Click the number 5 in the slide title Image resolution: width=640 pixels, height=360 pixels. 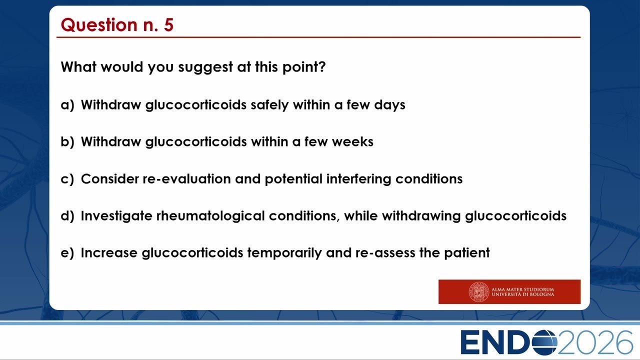(x=169, y=24)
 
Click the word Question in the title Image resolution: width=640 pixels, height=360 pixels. (x=99, y=25)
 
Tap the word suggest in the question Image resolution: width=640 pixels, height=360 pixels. (x=205, y=67)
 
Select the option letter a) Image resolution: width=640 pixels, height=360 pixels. (x=67, y=105)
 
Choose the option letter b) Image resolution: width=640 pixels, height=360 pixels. (x=67, y=141)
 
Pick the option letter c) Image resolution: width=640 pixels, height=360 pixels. (x=67, y=179)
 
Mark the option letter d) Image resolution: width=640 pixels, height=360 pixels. (x=67, y=215)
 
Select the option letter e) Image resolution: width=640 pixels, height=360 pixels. (x=67, y=253)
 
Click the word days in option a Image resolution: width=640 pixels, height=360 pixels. (x=389, y=105)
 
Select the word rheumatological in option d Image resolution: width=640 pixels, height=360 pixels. (x=210, y=216)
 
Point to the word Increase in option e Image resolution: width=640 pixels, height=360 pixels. (x=109, y=253)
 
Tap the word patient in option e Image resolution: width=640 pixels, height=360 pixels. (x=467, y=253)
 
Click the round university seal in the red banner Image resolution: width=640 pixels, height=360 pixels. (x=478, y=291)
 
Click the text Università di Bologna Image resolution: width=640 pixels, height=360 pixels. (x=522, y=294)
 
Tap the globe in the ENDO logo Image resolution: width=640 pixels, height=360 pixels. (x=544, y=342)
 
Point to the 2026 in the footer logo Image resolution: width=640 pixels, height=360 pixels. (x=595, y=342)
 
